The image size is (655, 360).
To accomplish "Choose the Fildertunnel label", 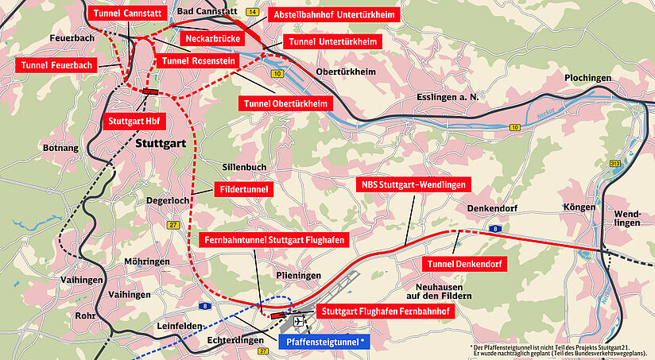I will [x=244, y=190].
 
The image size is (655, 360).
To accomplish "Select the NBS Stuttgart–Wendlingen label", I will [x=413, y=184].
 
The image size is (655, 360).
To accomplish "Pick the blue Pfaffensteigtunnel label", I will [x=325, y=342].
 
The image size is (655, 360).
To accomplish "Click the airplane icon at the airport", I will [x=298, y=322].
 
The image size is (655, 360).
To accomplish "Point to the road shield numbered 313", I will [x=615, y=163].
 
